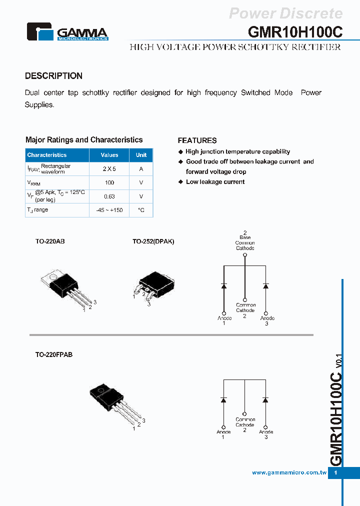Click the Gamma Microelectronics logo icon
pyautogui.click(x=39, y=31)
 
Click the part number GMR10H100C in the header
pyautogui.click(x=295, y=32)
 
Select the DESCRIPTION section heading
pyautogui.click(x=53, y=76)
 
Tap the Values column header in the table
pyautogui.click(x=109, y=155)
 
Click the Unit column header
pyautogui.click(x=141, y=155)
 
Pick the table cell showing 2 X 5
pyautogui.click(x=109, y=169)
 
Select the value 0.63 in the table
pyautogui.click(x=109, y=196)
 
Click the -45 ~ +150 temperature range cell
pyautogui.click(x=109, y=210)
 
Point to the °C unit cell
pyautogui.click(x=141, y=210)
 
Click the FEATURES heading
pyautogui.click(x=197, y=140)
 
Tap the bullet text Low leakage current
pyautogui.click(x=215, y=182)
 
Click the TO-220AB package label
pyautogui.click(x=49, y=241)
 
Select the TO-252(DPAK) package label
pyautogui.click(x=153, y=241)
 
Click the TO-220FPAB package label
pyautogui.click(x=53, y=354)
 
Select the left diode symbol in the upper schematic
pyautogui.click(x=224, y=285)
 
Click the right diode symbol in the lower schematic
pyautogui.click(x=265, y=400)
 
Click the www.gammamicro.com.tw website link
pyautogui.click(x=289, y=472)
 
